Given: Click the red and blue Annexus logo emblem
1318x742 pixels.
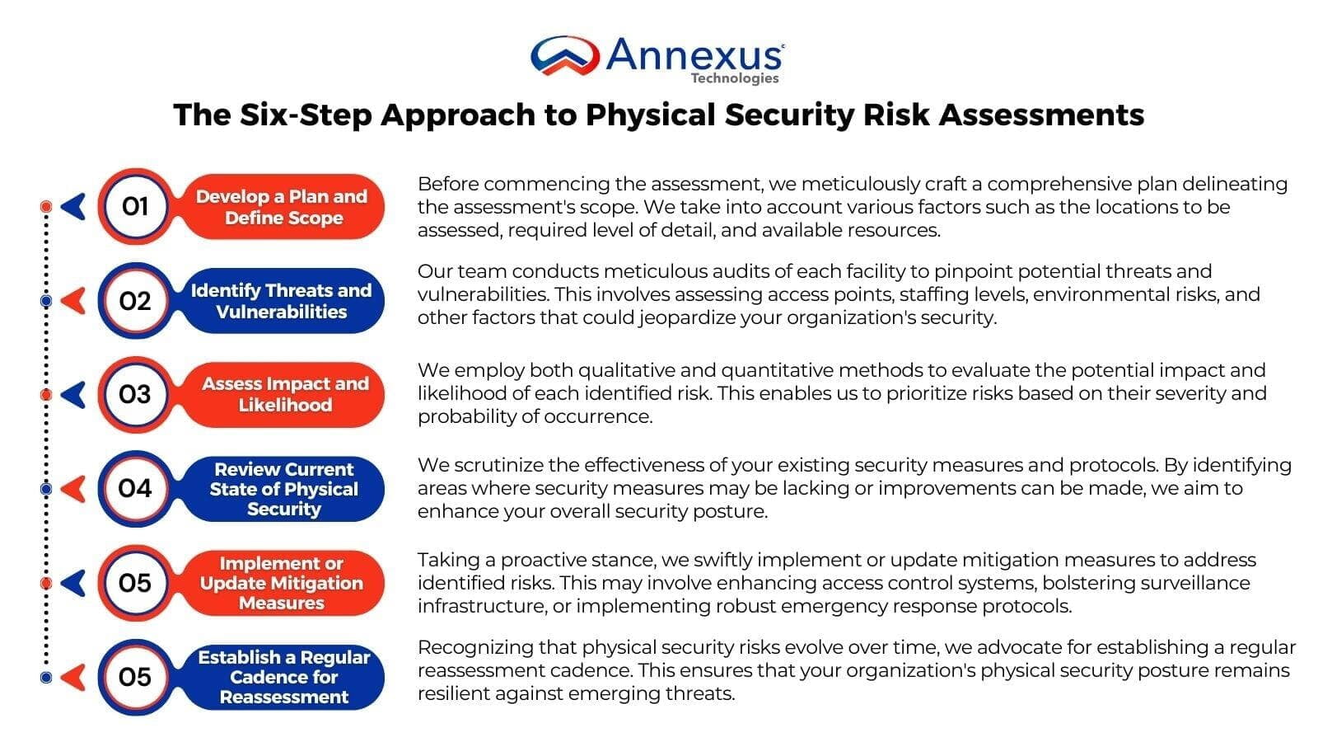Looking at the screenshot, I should [x=564, y=56].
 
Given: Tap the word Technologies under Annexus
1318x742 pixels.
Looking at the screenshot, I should [x=734, y=78].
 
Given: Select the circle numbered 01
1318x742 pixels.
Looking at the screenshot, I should [x=134, y=206].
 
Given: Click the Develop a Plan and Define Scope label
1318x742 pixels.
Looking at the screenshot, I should [x=282, y=207].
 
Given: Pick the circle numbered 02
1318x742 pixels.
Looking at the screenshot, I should [x=134, y=301].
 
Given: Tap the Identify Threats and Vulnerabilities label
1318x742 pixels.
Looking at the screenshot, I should [x=282, y=301].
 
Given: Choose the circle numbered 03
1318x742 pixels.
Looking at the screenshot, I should [x=134, y=395].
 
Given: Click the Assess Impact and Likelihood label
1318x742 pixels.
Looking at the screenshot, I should [x=285, y=394].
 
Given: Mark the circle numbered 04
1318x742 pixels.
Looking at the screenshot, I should [x=134, y=489].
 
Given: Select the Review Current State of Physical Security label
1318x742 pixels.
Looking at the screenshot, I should [x=283, y=489].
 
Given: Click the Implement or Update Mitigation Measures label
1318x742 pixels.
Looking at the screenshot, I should [x=282, y=583].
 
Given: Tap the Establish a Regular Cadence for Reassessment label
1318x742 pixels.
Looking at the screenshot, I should [x=284, y=677].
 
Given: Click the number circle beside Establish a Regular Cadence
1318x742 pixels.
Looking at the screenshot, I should [x=134, y=677].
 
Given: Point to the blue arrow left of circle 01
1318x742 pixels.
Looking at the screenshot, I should [x=74, y=206].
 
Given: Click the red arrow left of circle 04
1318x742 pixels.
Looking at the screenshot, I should [x=74, y=489].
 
